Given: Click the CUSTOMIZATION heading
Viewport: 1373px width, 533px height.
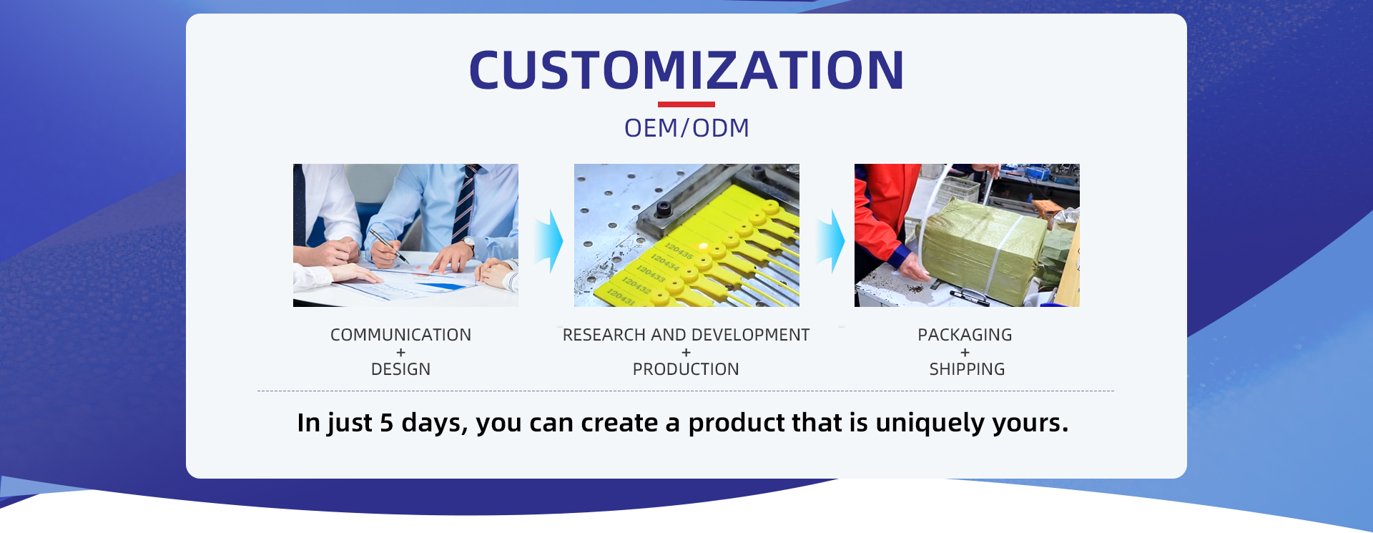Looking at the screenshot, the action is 686,70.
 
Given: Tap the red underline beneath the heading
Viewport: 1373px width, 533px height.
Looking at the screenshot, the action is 686,104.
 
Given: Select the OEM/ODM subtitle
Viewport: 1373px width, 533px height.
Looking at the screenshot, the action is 686,128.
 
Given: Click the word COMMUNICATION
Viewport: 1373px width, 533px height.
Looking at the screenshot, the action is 400,335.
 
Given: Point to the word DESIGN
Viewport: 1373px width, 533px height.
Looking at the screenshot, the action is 400,369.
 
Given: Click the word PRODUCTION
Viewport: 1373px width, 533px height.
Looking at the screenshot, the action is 686,369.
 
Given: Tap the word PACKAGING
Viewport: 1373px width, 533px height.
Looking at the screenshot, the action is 965,335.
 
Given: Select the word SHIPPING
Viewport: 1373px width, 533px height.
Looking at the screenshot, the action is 967,369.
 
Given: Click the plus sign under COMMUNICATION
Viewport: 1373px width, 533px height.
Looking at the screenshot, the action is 400,352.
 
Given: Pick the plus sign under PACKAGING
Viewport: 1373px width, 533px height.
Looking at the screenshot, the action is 965,352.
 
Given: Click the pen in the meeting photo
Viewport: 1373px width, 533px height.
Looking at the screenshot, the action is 388,245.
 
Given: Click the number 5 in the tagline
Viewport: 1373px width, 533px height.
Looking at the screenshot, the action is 386,423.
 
